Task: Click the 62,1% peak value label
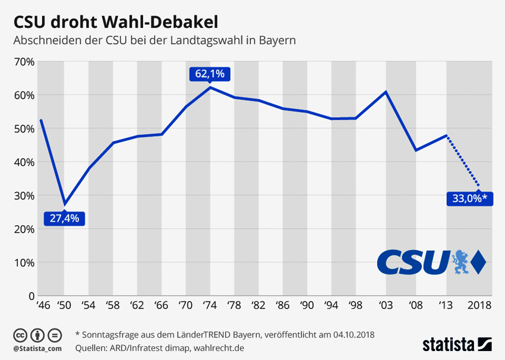pyautogui.click(x=210, y=74)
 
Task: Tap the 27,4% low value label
pyautogui.click(x=64, y=218)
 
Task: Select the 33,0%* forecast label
pyautogui.click(x=469, y=199)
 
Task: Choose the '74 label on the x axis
pyautogui.click(x=210, y=305)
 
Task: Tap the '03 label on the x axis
pyautogui.click(x=387, y=305)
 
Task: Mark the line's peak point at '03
pyautogui.click(x=386, y=92)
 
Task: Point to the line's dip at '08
pyautogui.click(x=416, y=150)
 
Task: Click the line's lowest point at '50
pyautogui.click(x=64, y=204)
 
